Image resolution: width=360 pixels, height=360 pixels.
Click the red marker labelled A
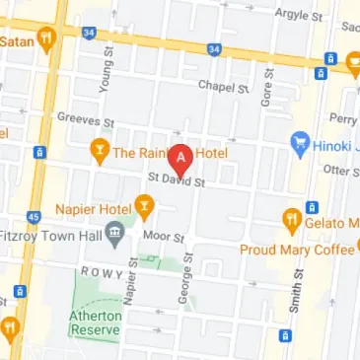click(180, 159)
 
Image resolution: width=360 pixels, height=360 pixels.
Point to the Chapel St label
click(222, 88)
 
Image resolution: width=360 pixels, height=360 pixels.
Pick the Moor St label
click(166, 238)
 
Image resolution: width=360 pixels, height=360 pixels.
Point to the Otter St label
click(342, 169)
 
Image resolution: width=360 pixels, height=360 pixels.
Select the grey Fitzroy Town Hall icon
click(115, 234)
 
